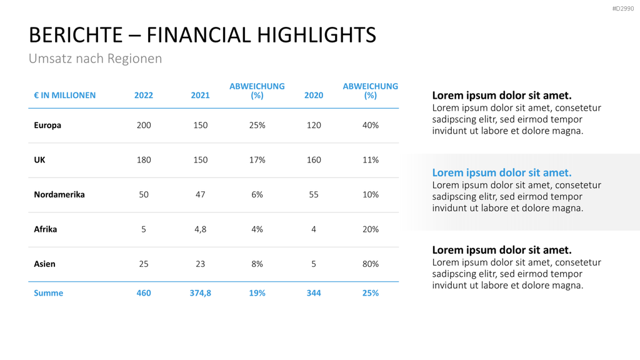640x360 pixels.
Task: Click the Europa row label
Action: [47, 125]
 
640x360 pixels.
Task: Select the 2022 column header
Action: [144, 95]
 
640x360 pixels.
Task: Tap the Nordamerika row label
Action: [59, 194]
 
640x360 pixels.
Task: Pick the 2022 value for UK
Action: [144, 159]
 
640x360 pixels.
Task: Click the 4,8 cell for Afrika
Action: [201, 229]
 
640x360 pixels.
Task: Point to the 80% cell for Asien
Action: [371, 264]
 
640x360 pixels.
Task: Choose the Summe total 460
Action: [144, 293]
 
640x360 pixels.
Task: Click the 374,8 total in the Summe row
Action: [201, 293]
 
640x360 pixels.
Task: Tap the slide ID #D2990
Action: [623, 9]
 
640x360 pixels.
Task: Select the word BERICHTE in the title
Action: [76, 35]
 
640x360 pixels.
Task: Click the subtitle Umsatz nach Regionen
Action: [96, 58]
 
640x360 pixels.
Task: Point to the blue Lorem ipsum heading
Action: [502, 172]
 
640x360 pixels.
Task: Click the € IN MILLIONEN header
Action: [65, 95]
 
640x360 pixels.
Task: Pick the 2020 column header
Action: [314, 95]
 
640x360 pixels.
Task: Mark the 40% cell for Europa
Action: [371, 125]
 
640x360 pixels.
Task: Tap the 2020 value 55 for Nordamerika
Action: [314, 194]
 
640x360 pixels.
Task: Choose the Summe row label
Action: [49, 293]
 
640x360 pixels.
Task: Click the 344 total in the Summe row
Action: [314, 293]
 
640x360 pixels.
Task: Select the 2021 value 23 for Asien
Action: [201, 264]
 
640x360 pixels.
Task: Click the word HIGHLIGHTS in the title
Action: [317, 35]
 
